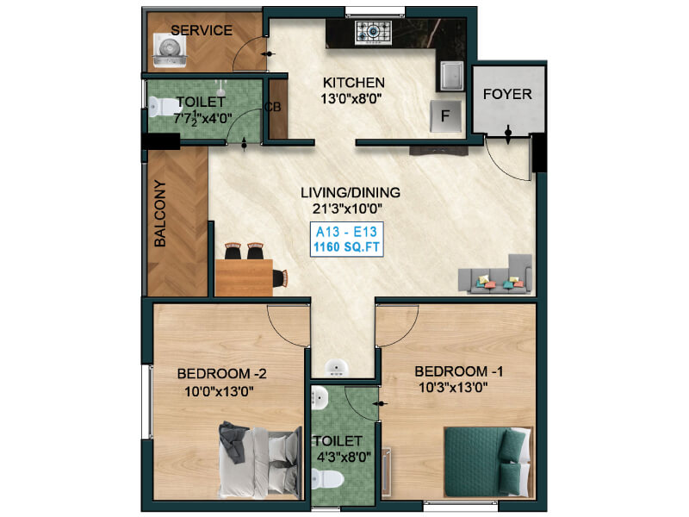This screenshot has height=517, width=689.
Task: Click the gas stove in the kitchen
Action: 374,33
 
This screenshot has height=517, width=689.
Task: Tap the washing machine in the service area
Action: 170,51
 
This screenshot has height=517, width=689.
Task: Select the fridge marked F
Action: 445,115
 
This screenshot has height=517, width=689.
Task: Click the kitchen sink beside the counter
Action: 451,76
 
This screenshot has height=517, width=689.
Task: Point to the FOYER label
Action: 507,94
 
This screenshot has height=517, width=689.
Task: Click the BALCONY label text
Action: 160,214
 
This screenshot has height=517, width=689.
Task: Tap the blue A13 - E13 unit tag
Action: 347,240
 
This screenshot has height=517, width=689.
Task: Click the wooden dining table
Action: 244,277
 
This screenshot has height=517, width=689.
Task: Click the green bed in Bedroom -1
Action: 488,462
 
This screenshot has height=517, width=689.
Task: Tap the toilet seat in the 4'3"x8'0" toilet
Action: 328,479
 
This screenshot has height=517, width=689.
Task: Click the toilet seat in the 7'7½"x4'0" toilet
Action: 164,106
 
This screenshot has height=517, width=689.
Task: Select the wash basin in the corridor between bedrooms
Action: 337,368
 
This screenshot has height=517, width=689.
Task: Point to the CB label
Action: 272,107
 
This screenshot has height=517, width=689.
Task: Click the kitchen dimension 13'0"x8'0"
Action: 351,98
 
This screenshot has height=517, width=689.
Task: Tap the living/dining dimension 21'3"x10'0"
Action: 348,209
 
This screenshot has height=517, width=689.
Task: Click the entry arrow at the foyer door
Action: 508,134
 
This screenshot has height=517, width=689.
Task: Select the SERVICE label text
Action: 202,30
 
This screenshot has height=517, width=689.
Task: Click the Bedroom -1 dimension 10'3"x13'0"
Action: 453,388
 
